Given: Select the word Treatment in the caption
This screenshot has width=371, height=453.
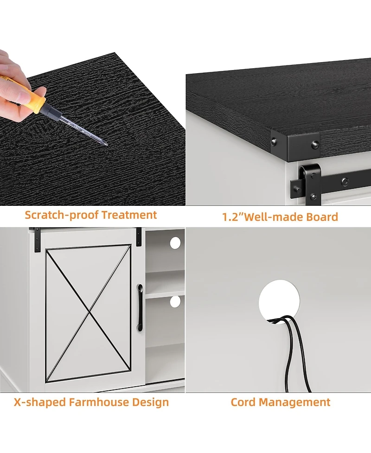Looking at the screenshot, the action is pos(129,215).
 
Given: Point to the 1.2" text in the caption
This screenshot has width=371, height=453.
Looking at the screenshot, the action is pos(233,217).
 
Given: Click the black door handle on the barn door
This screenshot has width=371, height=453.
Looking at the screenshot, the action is pos(140,307).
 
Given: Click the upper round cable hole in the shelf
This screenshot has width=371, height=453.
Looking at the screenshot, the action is pos(175,243).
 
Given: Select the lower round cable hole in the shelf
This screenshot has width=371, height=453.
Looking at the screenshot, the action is pos(175,302).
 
